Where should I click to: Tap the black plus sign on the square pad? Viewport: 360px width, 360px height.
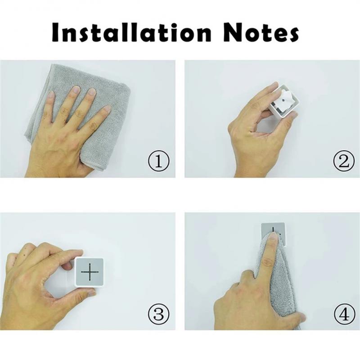tap(90, 272)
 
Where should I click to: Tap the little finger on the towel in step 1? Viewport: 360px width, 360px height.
tap(106, 109)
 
